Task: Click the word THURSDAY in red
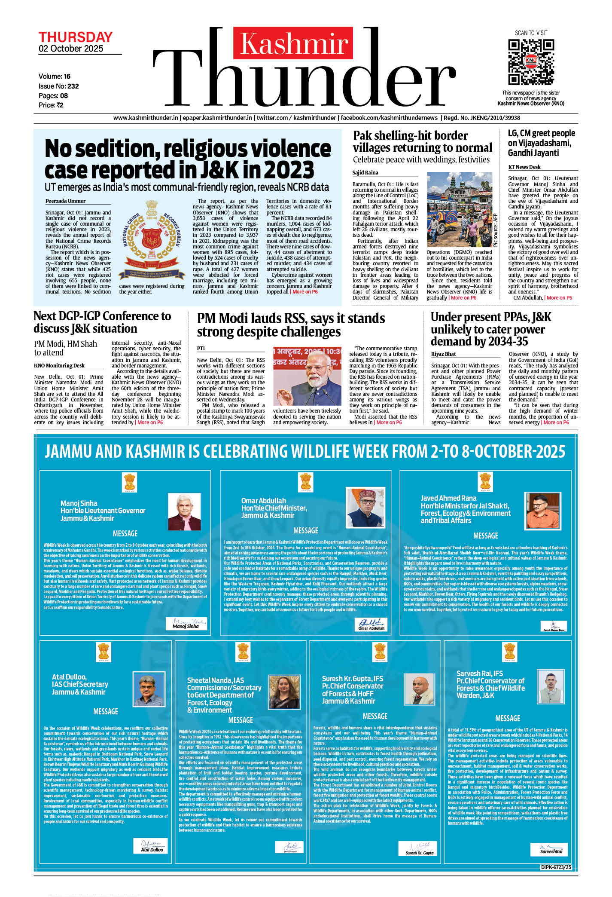tap(76, 37)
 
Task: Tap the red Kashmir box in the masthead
tap(294, 43)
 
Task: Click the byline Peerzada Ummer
tap(65, 201)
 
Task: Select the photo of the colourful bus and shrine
tap(460, 210)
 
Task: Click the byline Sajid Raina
tap(365, 173)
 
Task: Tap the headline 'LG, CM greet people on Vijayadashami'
tap(541, 143)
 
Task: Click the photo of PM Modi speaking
tap(307, 377)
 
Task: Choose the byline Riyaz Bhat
tap(444, 354)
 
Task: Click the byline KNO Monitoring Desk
tap(59, 366)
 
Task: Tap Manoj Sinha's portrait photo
tap(184, 512)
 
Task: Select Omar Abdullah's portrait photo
tap(365, 507)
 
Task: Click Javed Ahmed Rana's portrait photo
tap(543, 511)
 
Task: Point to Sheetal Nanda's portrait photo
tap(284, 692)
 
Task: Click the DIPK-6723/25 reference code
tap(557, 867)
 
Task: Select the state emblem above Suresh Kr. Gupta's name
tap(380, 652)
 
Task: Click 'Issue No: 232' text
tap(59, 86)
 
